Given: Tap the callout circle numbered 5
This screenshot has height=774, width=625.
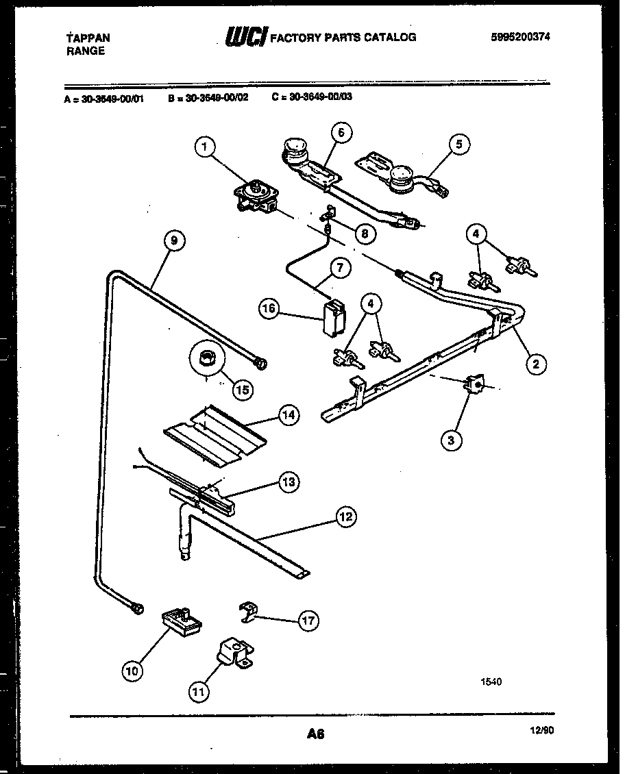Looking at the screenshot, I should [x=460, y=144].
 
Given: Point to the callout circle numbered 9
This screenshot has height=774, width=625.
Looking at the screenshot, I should [x=174, y=240].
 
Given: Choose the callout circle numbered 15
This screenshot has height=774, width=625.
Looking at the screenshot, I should [x=242, y=388].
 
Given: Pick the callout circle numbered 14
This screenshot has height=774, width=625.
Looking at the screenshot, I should [x=289, y=415].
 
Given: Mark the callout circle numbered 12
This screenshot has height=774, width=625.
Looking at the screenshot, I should [x=346, y=516].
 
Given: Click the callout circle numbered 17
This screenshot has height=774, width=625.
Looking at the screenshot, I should [x=308, y=621].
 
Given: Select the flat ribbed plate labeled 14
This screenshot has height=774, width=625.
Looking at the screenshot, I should [x=214, y=432].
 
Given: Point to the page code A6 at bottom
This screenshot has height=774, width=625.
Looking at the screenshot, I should [x=315, y=734].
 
